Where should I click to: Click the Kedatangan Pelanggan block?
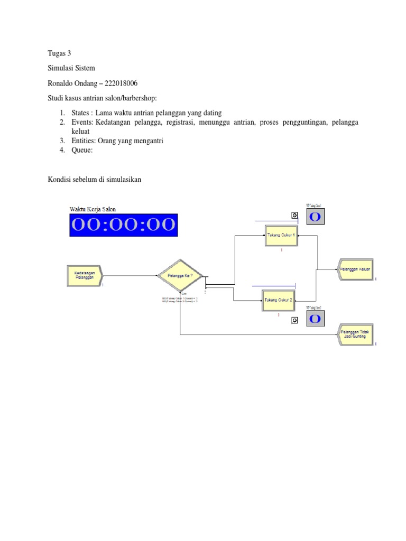click(x=84, y=275)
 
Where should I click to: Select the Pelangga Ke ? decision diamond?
click(x=180, y=275)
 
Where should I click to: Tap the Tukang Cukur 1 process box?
click(x=281, y=236)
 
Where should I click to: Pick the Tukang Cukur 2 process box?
click(x=280, y=300)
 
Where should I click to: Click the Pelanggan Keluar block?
click(x=355, y=269)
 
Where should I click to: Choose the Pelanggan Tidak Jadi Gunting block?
click(x=355, y=333)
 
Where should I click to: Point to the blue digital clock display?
click(x=124, y=225)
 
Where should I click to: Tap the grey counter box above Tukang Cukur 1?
click(x=314, y=217)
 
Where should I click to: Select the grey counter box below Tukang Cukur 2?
click(x=314, y=319)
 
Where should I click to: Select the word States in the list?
click(x=80, y=113)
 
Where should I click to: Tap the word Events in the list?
click(x=81, y=123)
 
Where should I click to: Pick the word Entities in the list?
click(x=83, y=141)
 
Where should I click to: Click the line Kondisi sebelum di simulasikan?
click(x=95, y=180)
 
